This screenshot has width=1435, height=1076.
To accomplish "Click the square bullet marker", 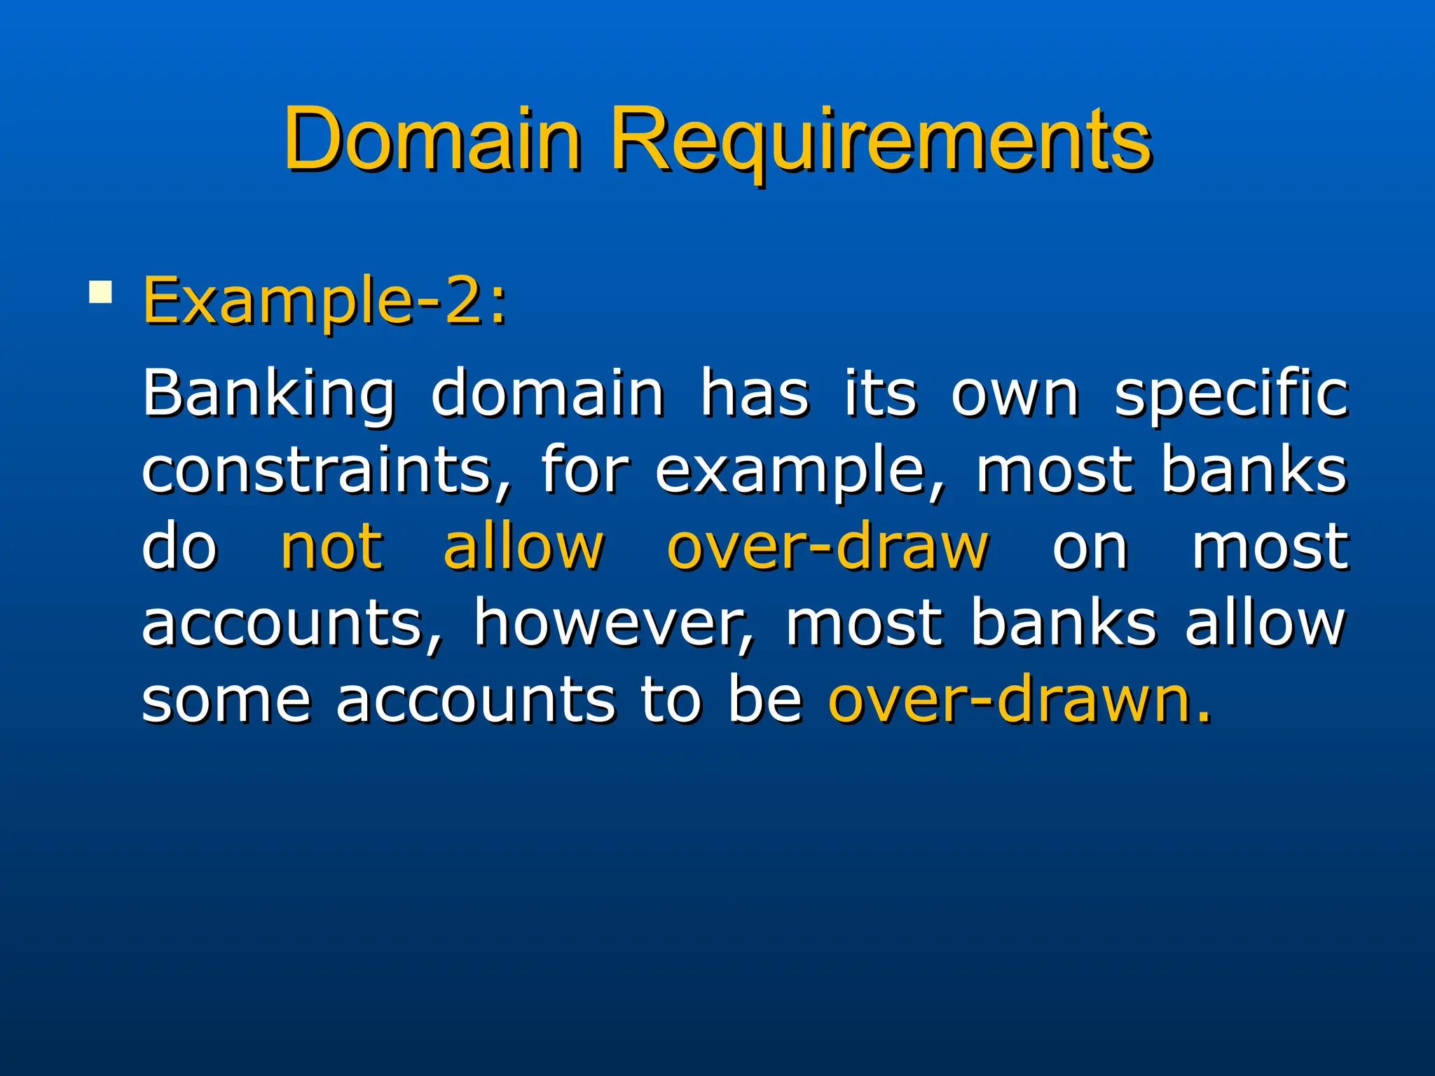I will [101, 292].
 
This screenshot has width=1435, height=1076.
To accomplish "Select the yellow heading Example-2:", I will [324, 301].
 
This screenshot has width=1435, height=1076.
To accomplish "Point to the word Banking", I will [268, 394].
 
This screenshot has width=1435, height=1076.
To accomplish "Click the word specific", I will [1231, 394].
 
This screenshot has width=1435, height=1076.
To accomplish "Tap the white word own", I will [1015, 394].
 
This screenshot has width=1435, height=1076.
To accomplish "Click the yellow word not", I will [332, 547].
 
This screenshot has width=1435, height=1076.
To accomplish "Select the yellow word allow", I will [523, 547].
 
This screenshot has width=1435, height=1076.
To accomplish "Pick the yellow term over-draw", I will [828, 547].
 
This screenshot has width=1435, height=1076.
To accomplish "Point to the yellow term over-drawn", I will [1019, 700].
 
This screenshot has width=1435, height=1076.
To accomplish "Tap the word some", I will [226, 700].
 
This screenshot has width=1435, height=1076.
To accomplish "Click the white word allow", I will [1265, 623].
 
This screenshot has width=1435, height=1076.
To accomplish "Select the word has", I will [755, 394].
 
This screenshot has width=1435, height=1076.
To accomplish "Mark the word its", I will [880, 394].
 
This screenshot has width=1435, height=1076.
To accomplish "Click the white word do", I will [180, 547].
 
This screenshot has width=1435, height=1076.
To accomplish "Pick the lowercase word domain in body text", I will [547, 394].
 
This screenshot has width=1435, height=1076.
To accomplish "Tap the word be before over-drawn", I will [765, 700].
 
